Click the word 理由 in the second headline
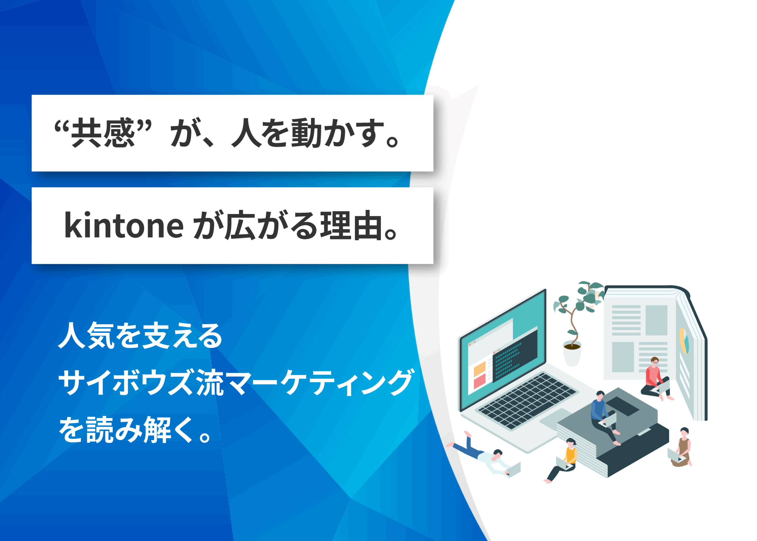click(x=350, y=225)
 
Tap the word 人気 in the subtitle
click(x=87, y=335)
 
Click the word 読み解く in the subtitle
click(x=127, y=429)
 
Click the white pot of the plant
click(x=572, y=354)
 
